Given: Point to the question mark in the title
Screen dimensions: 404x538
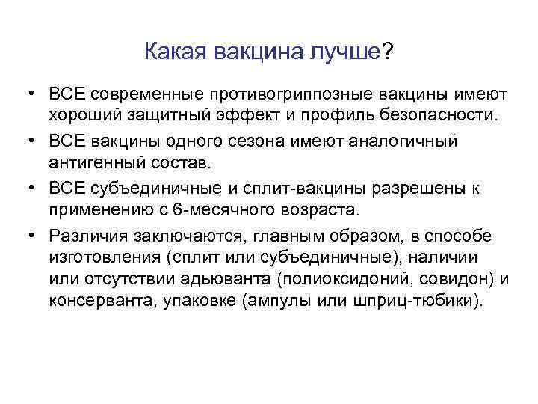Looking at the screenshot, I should click(388, 52).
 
